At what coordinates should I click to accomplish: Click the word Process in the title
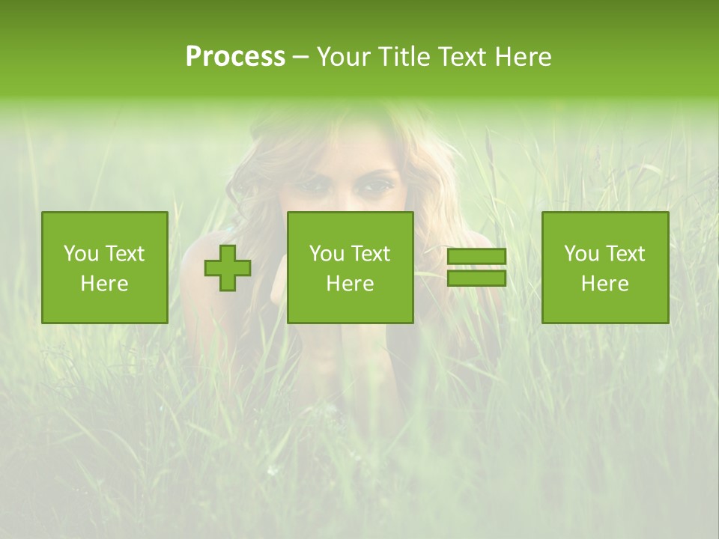[235, 57]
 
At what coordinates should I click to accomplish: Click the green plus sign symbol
[228, 268]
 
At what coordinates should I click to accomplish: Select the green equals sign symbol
[476, 267]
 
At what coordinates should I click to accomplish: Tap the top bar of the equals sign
[476, 257]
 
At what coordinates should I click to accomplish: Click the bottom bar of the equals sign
[476, 278]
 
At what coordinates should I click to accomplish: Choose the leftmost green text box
[105, 267]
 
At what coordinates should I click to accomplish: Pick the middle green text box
[350, 267]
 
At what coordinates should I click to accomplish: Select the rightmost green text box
[605, 267]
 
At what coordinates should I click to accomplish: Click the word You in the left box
[80, 254]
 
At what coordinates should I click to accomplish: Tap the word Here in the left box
[105, 284]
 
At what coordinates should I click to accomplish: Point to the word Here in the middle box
[350, 284]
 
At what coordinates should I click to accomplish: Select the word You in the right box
[580, 254]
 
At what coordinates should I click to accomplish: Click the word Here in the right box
[605, 284]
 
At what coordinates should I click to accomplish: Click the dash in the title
[300, 58]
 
